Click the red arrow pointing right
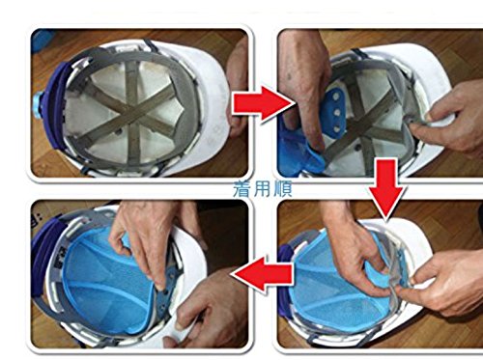[261, 103]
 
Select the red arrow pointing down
[385, 186]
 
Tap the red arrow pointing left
[263, 273]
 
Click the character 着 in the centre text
[242, 189]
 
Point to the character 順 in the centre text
[283, 189]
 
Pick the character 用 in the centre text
[263, 189]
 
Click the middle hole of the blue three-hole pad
[337, 113]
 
